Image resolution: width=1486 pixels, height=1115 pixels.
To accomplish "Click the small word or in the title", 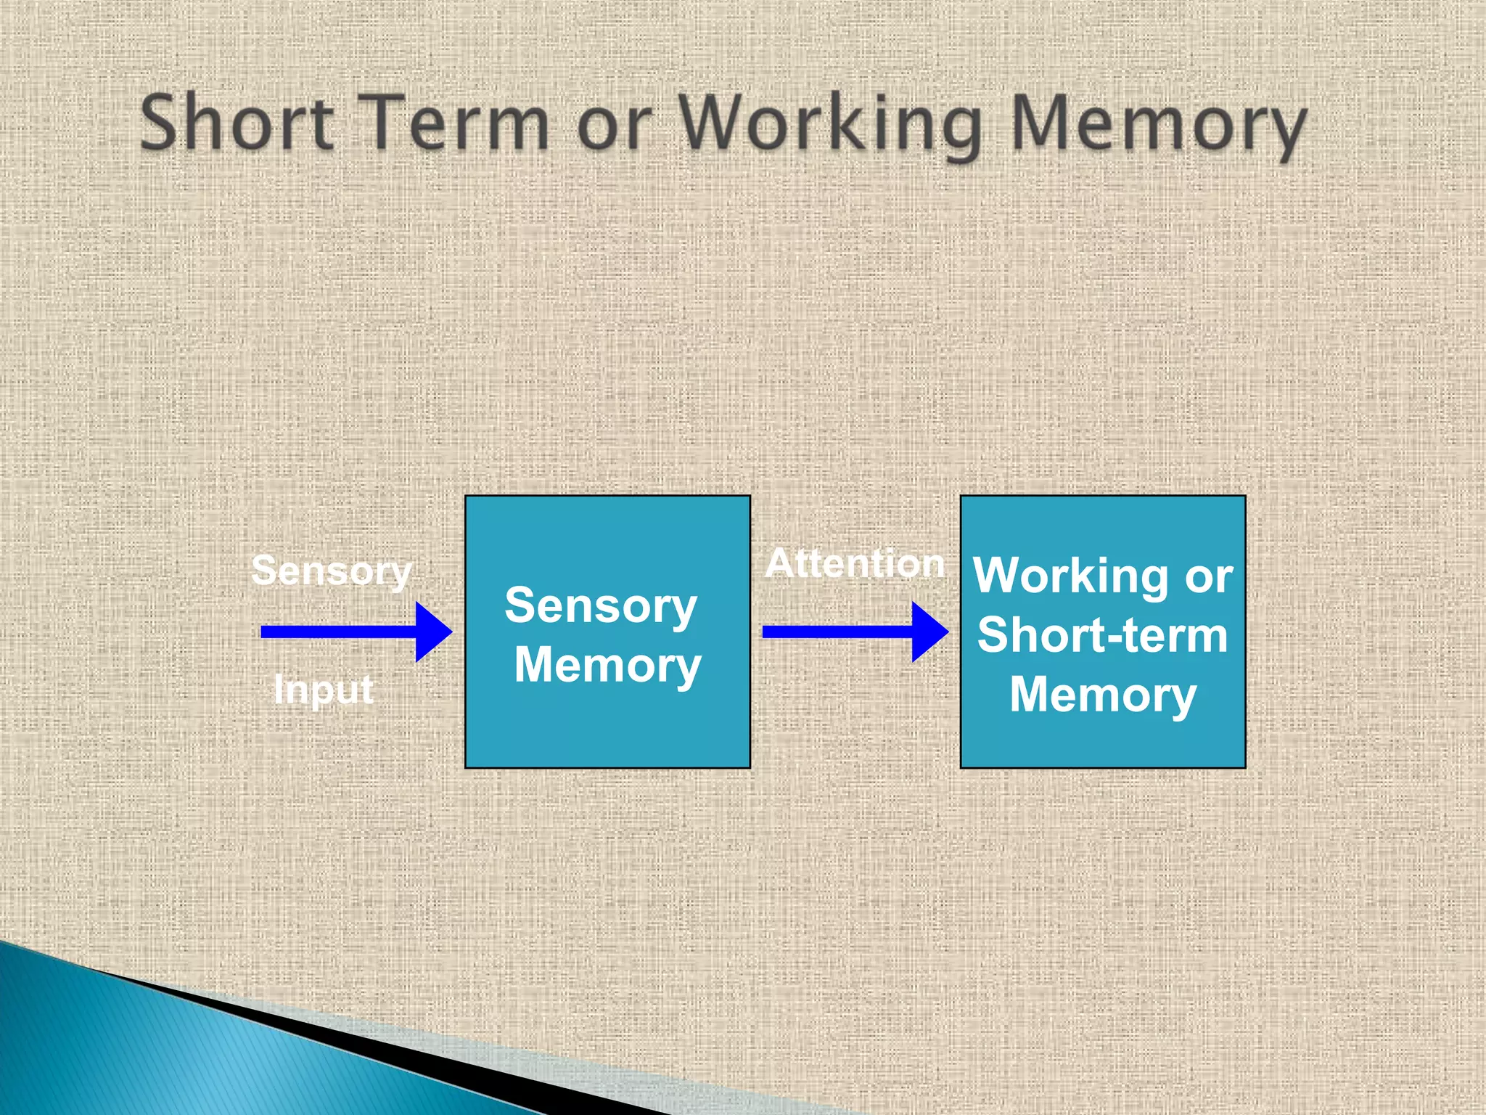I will click(x=609, y=127).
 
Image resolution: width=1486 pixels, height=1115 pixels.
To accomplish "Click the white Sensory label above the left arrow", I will click(x=332, y=571).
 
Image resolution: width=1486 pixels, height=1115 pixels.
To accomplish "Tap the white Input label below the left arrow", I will click(x=324, y=688).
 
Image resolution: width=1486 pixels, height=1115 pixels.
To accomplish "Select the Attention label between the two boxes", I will click(x=855, y=563).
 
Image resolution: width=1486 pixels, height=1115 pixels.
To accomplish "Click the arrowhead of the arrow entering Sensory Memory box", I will click(x=434, y=632).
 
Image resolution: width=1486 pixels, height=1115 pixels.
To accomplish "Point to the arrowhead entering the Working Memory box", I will click(x=930, y=632).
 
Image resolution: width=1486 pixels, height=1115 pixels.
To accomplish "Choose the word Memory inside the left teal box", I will click(x=607, y=665).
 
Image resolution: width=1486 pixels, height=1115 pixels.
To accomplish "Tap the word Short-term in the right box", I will click(x=1102, y=635).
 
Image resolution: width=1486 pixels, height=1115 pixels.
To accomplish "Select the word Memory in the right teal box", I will click(x=1102, y=695).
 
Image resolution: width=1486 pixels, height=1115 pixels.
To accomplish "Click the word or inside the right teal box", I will click(x=1209, y=578).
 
